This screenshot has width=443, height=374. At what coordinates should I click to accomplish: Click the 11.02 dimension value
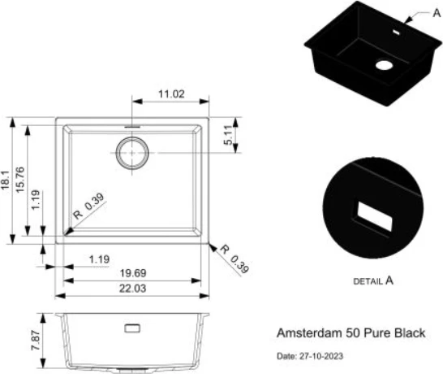click(171, 93)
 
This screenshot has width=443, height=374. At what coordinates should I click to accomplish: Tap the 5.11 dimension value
click(228, 135)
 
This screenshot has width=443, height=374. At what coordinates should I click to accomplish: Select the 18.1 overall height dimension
click(6, 180)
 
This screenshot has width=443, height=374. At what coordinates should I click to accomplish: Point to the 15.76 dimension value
click(20, 180)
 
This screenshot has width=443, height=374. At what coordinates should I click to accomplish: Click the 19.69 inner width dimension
click(133, 273)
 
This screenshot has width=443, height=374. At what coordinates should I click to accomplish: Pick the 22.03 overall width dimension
click(133, 289)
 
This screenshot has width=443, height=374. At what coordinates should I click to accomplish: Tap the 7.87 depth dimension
click(36, 340)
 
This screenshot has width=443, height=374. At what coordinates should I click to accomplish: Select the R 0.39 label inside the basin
click(88, 206)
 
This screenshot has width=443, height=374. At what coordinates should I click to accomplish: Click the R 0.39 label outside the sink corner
click(234, 259)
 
